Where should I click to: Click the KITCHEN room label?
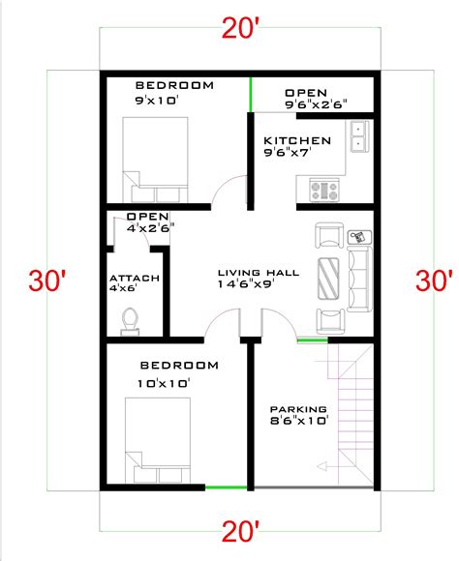coord(297,141)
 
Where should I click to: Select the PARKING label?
coord(297,409)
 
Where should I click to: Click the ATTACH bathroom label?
coord(134,279)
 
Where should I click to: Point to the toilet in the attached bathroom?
coord(130,320)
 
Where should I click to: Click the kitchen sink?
coord(357,136)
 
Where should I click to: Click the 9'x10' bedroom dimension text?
coord(159,99)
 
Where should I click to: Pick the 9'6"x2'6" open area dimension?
coord(316,103)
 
